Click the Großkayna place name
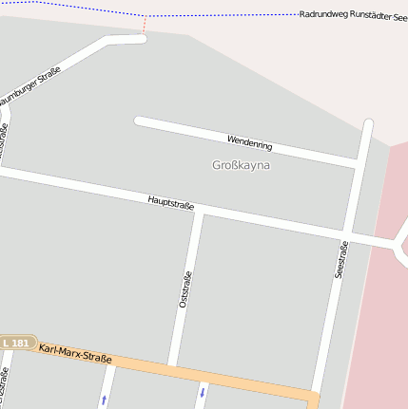pos(241,165)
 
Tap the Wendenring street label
pos(250,143)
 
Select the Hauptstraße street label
pos(171,201)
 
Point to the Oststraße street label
pos(185,290)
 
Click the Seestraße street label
pos(341,258)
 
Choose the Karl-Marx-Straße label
pos(75,354)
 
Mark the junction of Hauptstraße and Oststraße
pos(198,211)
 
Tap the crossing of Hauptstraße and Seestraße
pos(347,234)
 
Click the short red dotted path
pos(145,26)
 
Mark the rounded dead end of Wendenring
pos(139,121)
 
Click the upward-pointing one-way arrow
pos(105,400)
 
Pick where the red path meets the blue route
pos(145,16)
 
